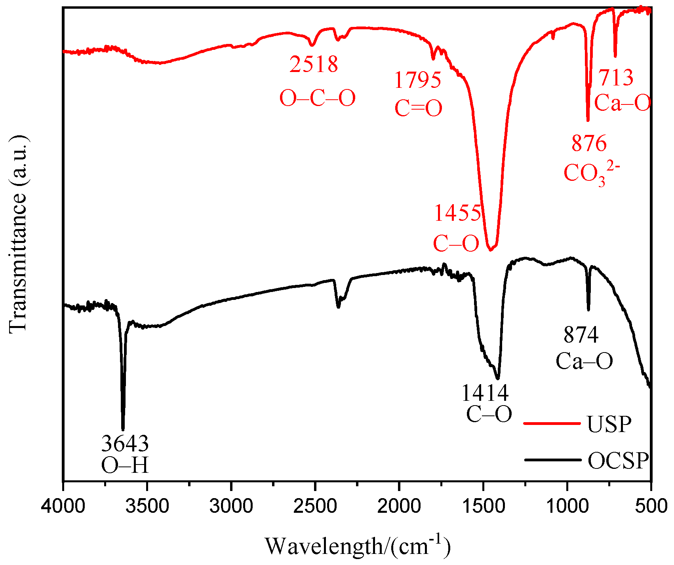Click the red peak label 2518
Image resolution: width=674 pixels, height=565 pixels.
point(314,64)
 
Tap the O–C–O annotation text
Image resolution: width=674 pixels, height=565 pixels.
point(318,98)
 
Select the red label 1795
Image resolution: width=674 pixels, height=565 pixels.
point(417,80)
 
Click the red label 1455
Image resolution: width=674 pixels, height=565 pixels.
point(457,213)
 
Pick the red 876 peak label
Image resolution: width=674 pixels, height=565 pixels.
point(589,143)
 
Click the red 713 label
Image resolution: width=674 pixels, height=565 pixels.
point(616,78)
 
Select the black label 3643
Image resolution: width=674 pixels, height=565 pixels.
point(125,444)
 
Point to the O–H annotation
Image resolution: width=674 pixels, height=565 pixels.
point(125,466)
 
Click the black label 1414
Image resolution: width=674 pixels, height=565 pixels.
point(485,393)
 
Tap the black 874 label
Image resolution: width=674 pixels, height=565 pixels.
point(581,335)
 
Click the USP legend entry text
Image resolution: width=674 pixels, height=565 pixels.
point(609,425)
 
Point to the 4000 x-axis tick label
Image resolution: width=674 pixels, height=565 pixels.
point(63,506)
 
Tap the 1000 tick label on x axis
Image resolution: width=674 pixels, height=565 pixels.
point(567,506)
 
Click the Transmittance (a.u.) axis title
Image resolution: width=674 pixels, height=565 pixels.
point(18,233)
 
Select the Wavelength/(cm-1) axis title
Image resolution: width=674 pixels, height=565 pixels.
point(358,546)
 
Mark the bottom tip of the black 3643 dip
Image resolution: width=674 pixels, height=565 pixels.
point(123,429)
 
